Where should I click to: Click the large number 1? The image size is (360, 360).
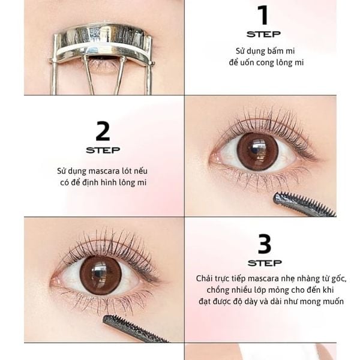263,15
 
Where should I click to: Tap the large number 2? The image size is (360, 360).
103,131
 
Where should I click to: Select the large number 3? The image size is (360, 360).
265,244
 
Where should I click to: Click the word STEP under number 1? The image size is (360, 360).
263,34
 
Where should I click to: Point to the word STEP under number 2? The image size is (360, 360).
103,150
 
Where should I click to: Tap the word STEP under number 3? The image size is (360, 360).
265,263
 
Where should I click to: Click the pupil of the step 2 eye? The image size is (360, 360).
257,151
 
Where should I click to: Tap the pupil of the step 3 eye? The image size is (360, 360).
100,275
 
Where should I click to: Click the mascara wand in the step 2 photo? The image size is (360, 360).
304,205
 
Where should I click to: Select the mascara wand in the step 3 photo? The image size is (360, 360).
136,329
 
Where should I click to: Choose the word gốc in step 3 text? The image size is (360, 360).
338,279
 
